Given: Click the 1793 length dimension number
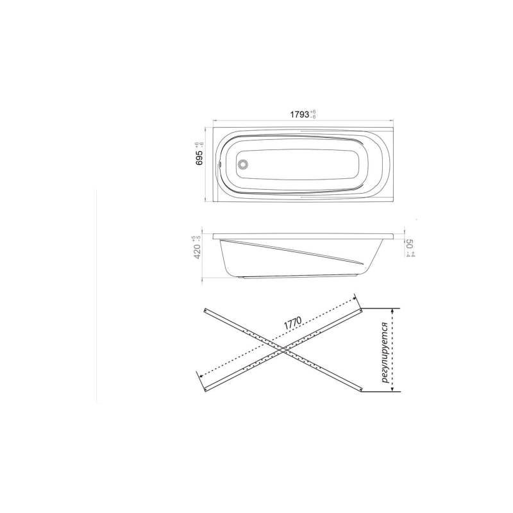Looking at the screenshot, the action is pos(299,114).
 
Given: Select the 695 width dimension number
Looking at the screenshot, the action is pos(199,158).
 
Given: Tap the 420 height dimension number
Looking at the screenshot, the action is pos(198,251).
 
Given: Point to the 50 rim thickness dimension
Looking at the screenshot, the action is pos(409,244).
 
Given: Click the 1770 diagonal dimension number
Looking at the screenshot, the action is pos(292,323).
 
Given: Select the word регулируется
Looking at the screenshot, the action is pos(385,353).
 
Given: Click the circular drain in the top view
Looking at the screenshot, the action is pos(244,164).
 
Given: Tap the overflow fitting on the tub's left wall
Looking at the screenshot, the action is pos(220,164).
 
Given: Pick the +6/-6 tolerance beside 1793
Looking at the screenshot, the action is pos(313,115).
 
